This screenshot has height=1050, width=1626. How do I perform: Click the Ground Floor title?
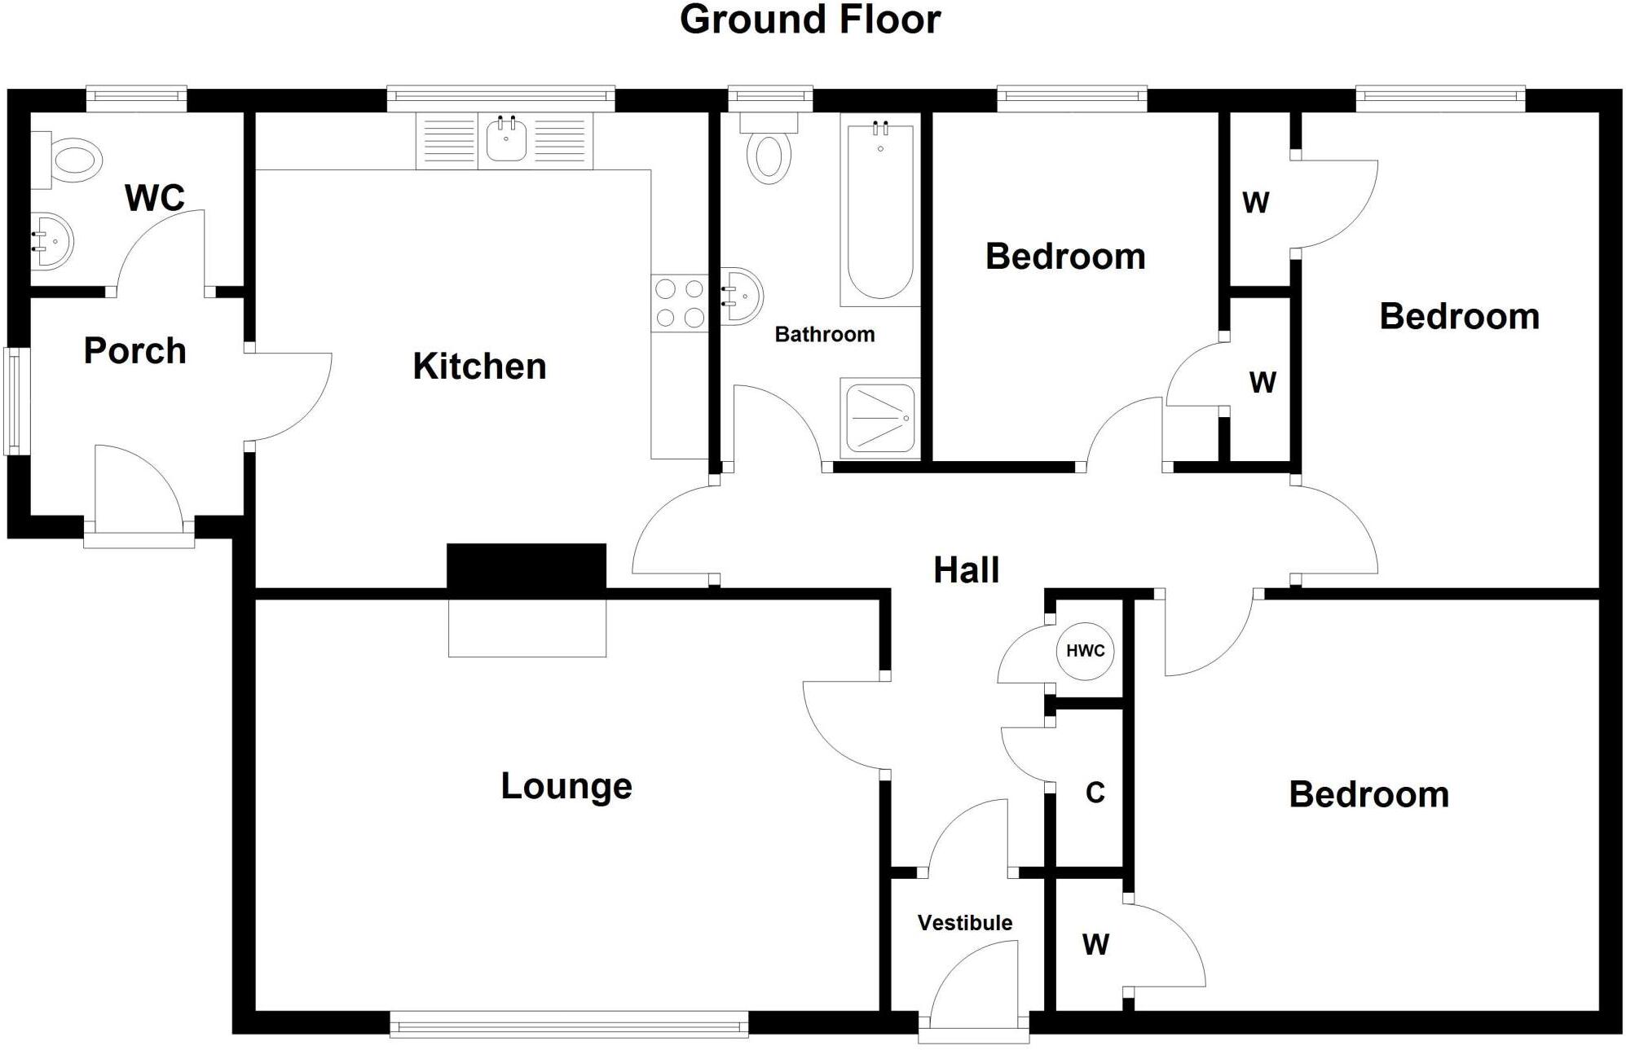tap(810, 20)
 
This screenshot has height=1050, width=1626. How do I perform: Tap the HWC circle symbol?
tap(1085, 651)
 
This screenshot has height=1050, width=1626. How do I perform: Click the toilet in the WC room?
tap(73, 160)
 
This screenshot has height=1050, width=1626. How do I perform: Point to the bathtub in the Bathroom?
tap(880, 210)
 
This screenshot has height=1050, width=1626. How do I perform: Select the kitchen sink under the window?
tap(506, 140)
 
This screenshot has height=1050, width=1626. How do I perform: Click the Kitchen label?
tap(479, 367)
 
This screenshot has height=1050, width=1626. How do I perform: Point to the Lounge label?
tap(566, 786)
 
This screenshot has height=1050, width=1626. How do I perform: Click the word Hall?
tap(966, 570)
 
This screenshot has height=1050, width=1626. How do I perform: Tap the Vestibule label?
tap(965, 923)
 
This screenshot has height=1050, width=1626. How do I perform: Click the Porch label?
tap(135, 351)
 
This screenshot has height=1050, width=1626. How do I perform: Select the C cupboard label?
tap(1095, 793)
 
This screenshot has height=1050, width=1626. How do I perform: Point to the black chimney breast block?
tap(527, 566)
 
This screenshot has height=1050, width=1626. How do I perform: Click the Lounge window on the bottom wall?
tap(569, 1023)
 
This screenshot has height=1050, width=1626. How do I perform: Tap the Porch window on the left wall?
tap(16, 401)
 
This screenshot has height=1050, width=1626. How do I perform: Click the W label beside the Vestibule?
tap(1095, 945)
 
